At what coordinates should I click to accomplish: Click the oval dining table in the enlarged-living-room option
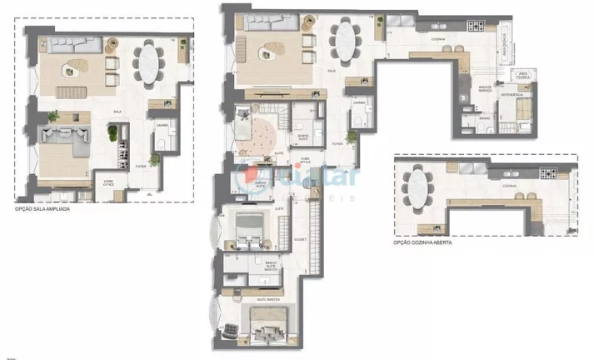tap(150, 63)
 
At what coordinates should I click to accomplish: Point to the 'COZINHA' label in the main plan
tap(414, 39)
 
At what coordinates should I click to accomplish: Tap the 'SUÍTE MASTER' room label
tap(267, 297)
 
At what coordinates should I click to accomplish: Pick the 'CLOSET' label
tap(300, 239)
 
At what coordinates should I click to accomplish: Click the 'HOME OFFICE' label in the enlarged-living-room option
tap(108, 182)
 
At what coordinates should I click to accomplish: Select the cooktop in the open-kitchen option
tap(550, 174)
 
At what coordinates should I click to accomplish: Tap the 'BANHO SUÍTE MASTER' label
tap(272, 264)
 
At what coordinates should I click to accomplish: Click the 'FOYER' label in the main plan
tap(337, 143)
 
